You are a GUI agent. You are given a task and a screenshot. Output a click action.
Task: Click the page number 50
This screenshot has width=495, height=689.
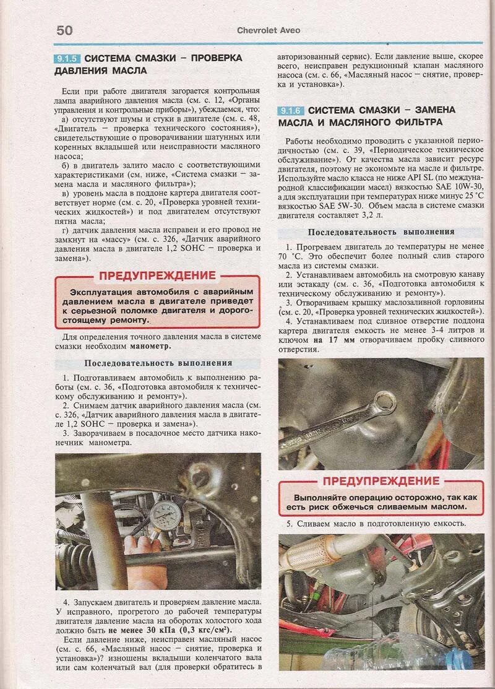pyautogui.click(x=64, y=30)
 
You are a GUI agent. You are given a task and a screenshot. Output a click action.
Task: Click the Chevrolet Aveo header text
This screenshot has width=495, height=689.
pyautogui.click(x=266, y=30)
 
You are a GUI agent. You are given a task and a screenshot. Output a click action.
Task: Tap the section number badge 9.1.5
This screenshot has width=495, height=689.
pyautogui.click(x=67, y=58)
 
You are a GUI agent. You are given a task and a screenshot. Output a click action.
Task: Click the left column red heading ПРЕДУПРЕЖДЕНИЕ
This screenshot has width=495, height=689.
pyautogui.click(x=157, y=275)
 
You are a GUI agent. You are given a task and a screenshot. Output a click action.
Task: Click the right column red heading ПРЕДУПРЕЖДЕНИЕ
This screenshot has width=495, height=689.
pyautogui.click(x=381, y=480)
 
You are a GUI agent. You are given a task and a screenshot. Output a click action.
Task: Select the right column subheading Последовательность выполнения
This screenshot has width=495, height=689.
pyautogui.click(x=381, y=232)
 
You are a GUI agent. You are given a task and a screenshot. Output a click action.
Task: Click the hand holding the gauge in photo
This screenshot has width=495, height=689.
pyautogui.click(x=140, y=544)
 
